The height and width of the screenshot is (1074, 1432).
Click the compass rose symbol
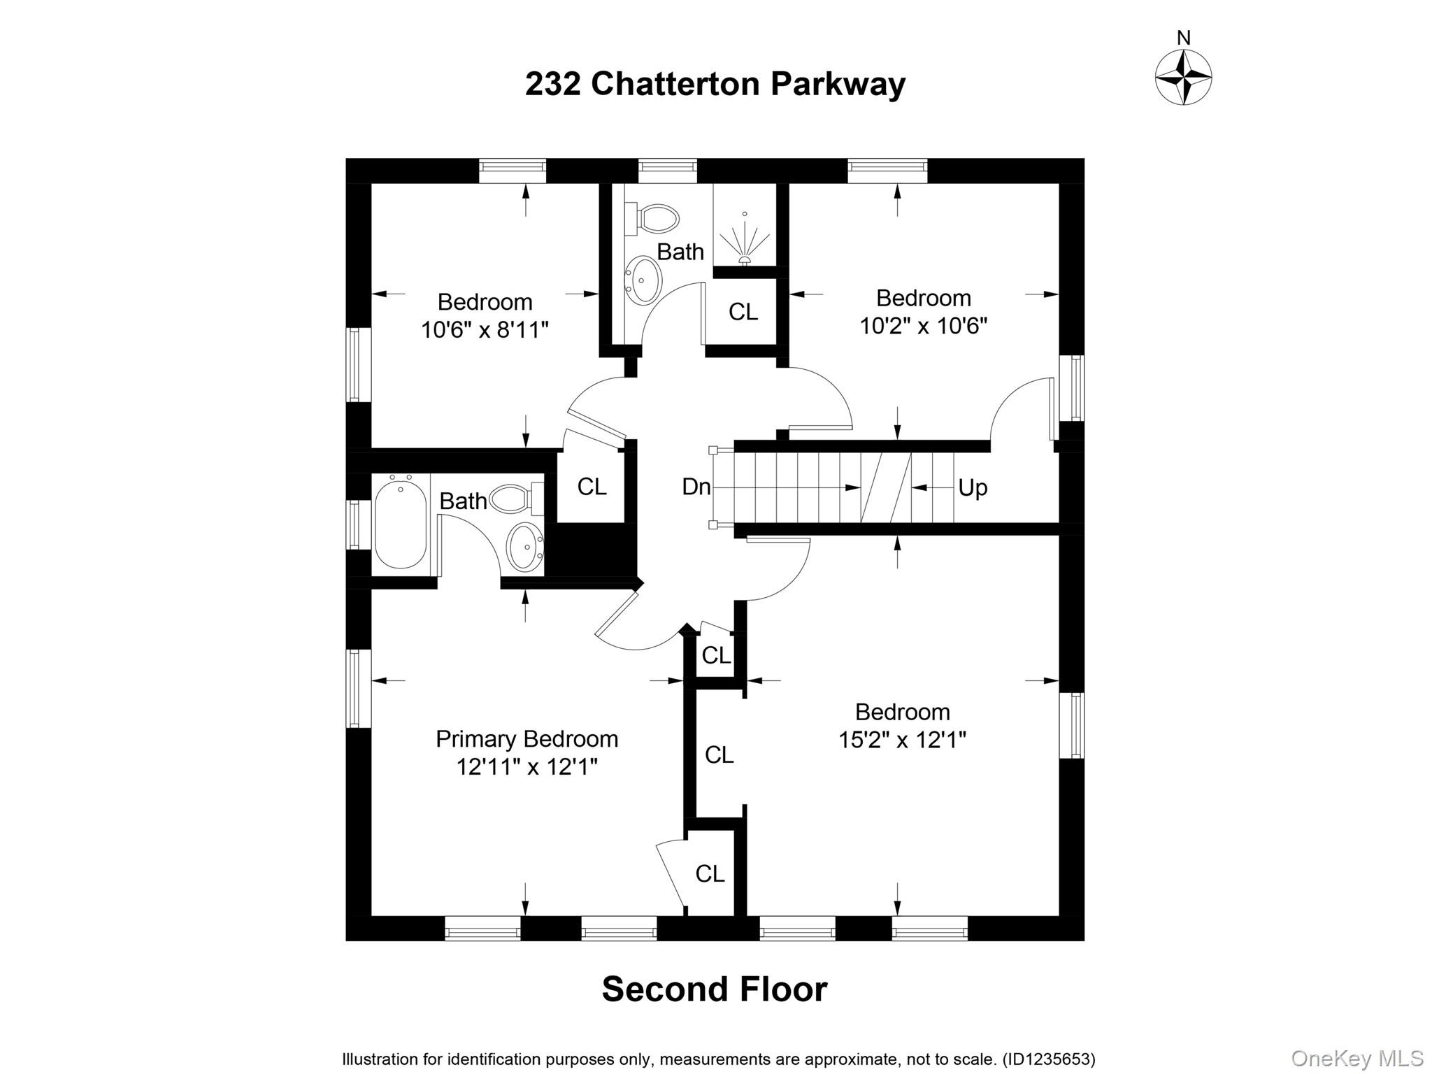click(x=1183, y=77)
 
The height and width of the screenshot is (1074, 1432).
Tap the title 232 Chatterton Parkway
click(x=715, y=84)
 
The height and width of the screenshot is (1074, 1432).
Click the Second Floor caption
click(x=714, y=989)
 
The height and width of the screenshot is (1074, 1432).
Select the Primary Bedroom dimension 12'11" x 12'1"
click(x=527, y=767)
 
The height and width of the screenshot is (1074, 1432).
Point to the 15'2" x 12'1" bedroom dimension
click(x=902, y=739)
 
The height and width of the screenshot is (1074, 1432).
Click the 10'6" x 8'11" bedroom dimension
click(x=485, y=329)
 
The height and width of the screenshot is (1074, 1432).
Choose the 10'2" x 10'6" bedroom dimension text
click(x=923, y=326)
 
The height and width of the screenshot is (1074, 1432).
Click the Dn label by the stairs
click(x=696, y=487)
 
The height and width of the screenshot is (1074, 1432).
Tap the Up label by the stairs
click(x=972, y=487)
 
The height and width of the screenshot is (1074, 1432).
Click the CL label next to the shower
click(x=743, y=312)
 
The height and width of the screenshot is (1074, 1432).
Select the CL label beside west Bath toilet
click(x=592, y=487)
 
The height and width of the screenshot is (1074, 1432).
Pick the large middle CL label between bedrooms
click(x=719, y=754)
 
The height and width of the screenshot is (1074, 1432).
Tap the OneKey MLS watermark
click(x=1356, y=1058)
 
